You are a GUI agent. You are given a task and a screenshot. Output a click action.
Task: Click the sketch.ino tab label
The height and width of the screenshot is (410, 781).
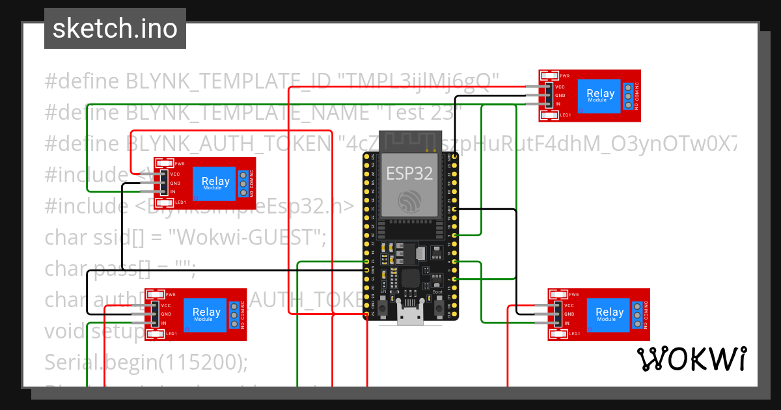pos(115,29)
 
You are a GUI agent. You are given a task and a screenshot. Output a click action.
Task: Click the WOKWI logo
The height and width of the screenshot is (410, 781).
pos(691,359)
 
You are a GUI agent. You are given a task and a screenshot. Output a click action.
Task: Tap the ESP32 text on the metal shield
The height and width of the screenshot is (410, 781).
pos(410,173)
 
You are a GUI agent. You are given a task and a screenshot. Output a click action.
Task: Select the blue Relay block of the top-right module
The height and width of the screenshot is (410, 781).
pos(600,95)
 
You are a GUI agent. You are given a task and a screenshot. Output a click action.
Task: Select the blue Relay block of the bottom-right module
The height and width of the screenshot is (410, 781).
pos(609,314)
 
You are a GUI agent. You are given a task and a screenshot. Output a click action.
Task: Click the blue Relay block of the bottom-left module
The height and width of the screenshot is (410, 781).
pos(206,314)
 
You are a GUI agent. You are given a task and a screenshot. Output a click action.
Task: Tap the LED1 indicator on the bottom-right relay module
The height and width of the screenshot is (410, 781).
pos(559,333)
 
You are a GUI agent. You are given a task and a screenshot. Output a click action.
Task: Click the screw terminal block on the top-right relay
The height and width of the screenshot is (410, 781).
pos(628,96)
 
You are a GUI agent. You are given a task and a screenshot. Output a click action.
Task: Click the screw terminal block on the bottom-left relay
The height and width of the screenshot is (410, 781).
pos(234,314)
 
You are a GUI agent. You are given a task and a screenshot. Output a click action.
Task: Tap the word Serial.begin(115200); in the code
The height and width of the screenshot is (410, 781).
pos(146,362)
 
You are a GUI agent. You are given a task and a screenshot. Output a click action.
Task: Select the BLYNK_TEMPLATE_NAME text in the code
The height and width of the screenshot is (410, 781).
pos(247,112)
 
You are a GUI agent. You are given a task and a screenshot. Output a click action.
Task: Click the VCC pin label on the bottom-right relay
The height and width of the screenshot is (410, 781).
pos(568,305)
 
